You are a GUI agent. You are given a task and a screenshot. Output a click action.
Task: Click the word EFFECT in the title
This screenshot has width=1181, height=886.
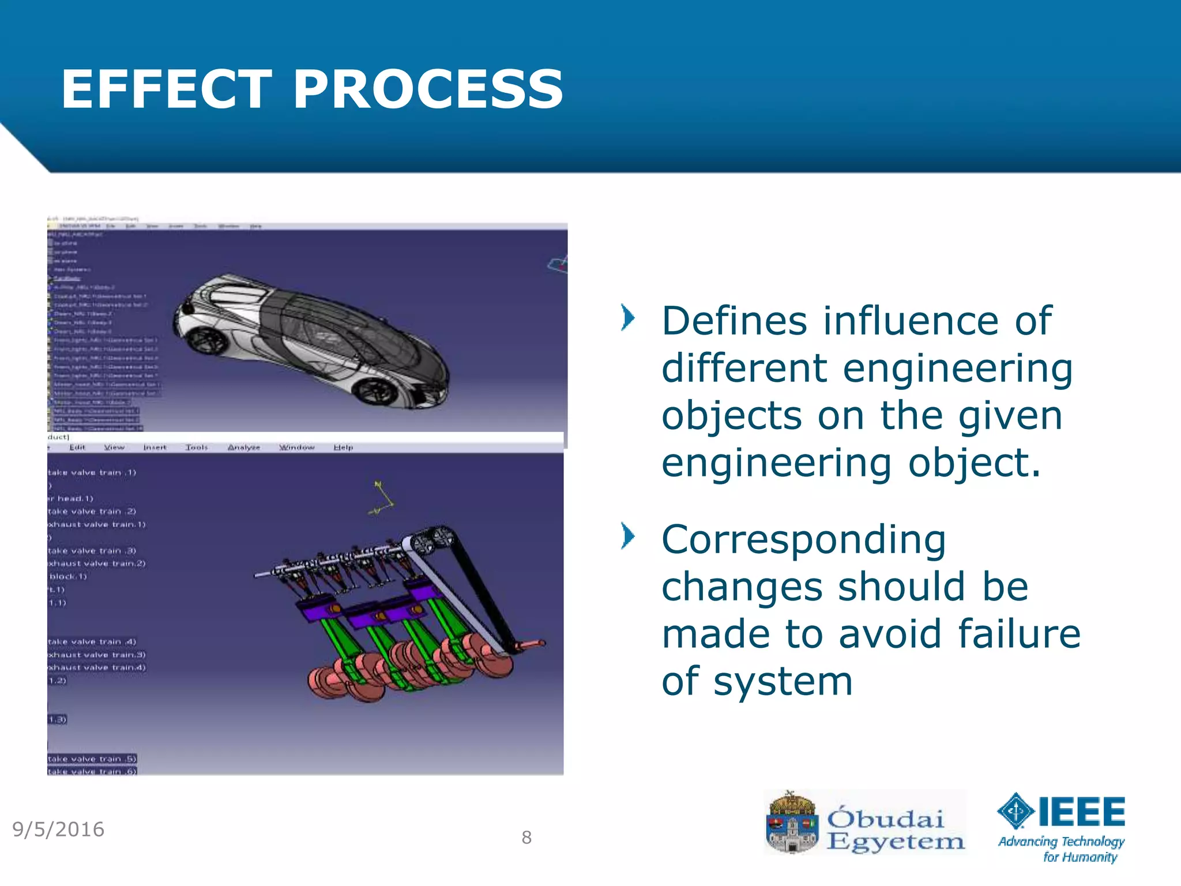166,89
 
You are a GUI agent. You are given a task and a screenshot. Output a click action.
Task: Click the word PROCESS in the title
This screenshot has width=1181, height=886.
428,89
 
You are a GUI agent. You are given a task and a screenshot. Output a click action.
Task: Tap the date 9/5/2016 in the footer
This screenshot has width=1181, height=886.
58,829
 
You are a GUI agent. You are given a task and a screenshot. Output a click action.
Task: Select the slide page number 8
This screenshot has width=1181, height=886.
526,838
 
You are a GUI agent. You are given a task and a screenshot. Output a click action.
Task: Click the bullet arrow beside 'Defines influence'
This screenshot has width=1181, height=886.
627,318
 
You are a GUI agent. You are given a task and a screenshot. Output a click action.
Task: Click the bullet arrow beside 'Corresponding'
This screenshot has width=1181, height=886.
627,536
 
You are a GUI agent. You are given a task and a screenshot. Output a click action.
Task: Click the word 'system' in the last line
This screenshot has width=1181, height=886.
783,681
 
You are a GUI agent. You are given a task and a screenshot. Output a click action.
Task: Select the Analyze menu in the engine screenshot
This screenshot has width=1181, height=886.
243,447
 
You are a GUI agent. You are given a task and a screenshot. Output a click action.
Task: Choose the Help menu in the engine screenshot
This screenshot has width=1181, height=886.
343,447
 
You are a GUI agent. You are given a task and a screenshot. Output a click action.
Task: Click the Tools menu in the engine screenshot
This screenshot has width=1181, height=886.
196,447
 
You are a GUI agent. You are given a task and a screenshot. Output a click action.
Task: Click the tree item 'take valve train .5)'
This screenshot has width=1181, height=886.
92,759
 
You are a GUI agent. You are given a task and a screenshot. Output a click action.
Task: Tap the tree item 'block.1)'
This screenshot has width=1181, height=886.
67,576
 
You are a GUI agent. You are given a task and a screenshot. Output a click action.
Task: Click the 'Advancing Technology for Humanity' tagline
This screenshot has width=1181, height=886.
1061,849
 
